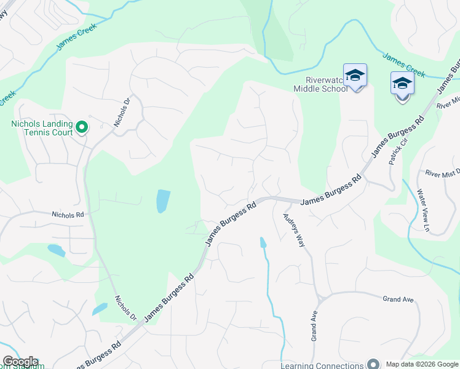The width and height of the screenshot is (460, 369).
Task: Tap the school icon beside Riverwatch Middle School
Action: (x=355, y=76)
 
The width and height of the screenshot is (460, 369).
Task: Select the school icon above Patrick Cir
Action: (x=402, y=84)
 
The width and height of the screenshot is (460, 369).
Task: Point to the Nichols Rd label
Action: (x=68, y=215)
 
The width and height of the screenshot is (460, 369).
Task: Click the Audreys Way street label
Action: (x=293, y=229)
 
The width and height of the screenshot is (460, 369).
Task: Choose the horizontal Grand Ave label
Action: (x=398, y=300)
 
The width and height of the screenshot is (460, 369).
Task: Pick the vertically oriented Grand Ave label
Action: (x=314, y=326)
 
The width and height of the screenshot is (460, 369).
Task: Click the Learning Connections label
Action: (x=322, y=365)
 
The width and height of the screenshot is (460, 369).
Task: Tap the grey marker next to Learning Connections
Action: (x=372, y=364)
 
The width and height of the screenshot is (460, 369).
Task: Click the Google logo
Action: (x=20, y=362)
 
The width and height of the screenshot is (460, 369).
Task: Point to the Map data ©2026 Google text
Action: (x=421, y=364)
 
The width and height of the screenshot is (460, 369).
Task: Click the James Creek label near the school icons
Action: (x=403, y=65)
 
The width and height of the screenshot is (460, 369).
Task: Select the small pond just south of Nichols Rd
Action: (x=55, y=250)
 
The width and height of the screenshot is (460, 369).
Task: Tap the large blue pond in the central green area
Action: (x=162, y=200)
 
